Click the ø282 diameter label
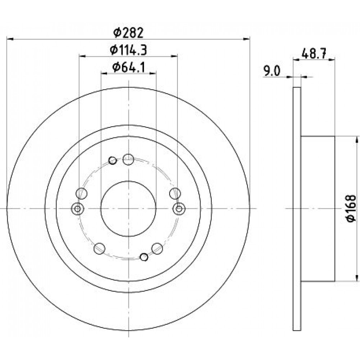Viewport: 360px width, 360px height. pyautogui.click(x=129, y=33)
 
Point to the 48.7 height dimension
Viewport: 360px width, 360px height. pyautogui.click(x=314, y=54)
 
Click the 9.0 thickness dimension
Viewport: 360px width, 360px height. pyautogui.click(x=272, y=71)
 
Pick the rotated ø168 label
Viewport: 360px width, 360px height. pyautogui.click(x=351, y=209)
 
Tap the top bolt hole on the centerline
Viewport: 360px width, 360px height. pyautogui.click(x=129, y=159)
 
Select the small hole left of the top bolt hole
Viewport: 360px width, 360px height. pyautogui.click(x=112, y=161)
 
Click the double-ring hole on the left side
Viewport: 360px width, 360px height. pyautogui.click(x=78, y=209)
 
